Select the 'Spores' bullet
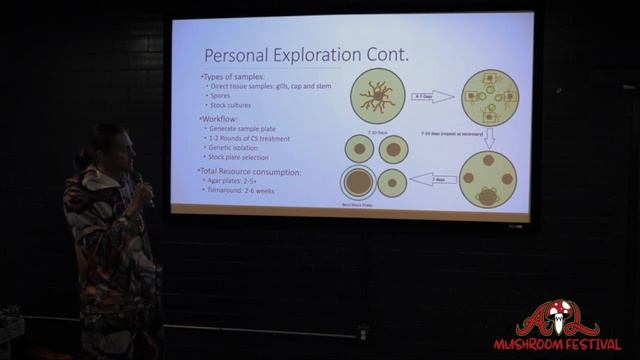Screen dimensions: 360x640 219,96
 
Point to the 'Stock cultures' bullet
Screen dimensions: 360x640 232,105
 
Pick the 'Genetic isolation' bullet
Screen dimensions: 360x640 238,147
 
